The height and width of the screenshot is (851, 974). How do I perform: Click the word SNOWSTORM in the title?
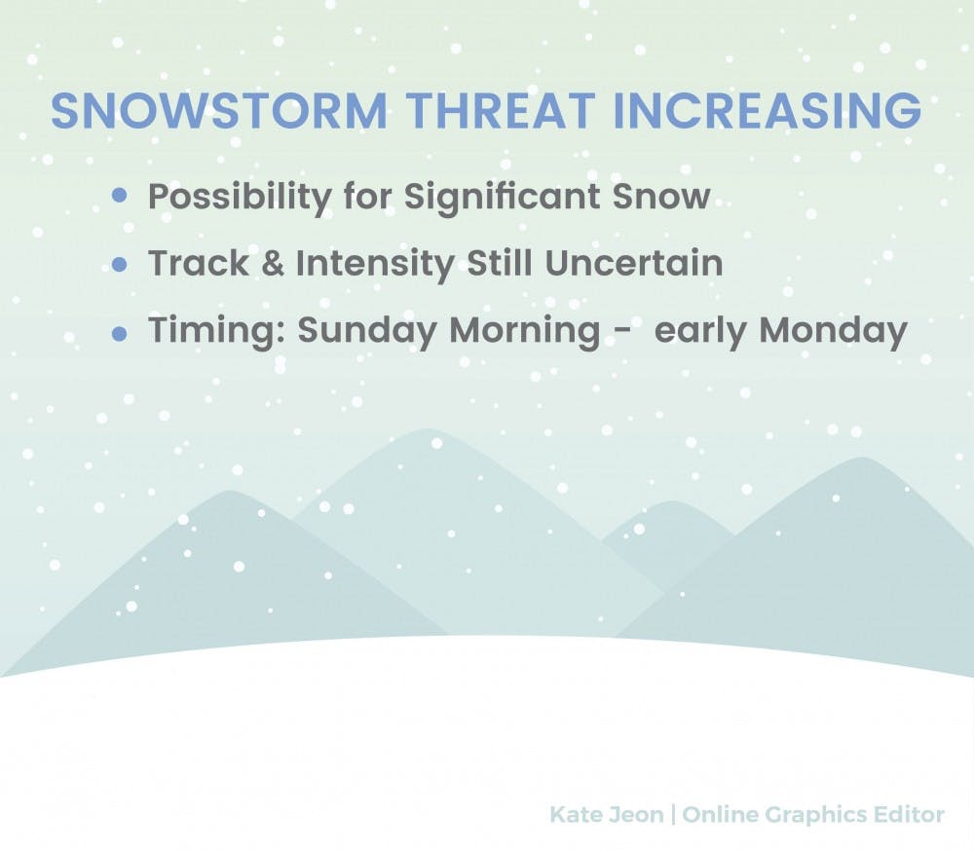(219, 111)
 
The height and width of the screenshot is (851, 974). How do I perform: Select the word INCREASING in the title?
(767, 111)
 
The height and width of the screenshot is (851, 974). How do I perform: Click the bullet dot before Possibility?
(119, 197)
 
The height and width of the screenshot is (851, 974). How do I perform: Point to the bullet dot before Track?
(119, 265)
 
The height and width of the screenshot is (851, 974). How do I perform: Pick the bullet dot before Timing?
(119, 334)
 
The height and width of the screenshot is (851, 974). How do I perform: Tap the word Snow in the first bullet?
(661, 197)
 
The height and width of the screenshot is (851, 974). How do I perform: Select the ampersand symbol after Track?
(273, 263)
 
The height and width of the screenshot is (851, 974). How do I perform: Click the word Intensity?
(375, 265)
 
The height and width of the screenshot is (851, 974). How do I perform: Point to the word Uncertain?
(634, 263)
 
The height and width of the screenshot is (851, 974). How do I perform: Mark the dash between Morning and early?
(623, 334)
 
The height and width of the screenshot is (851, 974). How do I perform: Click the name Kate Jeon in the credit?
(606, 814)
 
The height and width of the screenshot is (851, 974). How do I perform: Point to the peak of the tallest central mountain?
(428, 429)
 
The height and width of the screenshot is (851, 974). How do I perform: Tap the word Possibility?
(240, 199)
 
